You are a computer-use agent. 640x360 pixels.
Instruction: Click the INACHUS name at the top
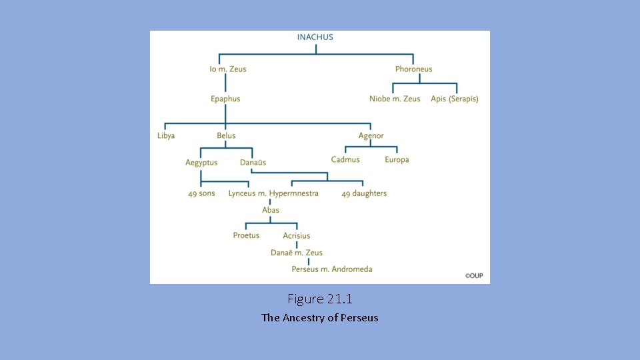coord(315,37)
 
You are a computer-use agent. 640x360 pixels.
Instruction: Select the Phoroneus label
coord(413,69)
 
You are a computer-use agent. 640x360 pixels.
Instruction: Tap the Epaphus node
coord(225,99)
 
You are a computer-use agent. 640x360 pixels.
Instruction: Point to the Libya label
coord(166,136)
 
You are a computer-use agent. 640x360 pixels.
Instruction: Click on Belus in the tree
coord(226,136)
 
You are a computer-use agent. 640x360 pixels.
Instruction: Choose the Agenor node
coord(371,136)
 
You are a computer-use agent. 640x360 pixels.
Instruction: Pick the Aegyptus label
coord(201,163)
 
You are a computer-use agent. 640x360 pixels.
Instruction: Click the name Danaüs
coord(253,163)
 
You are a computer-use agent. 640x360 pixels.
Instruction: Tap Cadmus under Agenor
coord(345,160)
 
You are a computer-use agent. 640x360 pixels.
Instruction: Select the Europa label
coord(397,160)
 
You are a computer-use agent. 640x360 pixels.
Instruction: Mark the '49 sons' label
coord(201,194)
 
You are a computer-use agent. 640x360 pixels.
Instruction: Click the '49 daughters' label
coord(364,194)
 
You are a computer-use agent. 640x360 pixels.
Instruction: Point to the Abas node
coord(271,211)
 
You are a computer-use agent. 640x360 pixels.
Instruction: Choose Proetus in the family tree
coord(246,235)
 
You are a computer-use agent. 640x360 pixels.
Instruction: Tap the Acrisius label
coord(297,235)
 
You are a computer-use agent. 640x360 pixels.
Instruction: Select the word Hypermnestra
coord(294,194)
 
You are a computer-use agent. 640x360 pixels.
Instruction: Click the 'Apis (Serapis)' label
coord(455,99)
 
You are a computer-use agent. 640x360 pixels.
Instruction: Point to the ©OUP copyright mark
coord(474,275)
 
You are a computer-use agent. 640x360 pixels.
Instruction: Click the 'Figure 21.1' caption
coord(320,299)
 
